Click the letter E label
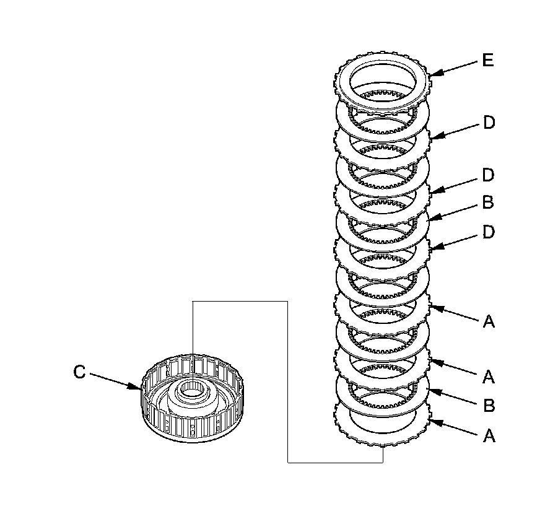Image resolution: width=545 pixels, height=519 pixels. [x=488, y=61]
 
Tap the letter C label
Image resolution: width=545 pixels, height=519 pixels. [x=79, y=372]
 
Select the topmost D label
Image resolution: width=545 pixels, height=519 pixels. [x=489, y=123]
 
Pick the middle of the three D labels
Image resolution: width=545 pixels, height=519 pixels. [x=489, y=175]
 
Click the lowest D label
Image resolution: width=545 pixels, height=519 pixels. [x=489, y=232]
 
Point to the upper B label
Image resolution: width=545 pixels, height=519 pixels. [x=489, y=203]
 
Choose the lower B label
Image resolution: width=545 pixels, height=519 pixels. [x=489, y=406]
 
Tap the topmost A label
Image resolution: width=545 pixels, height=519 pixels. [x=489, y=321]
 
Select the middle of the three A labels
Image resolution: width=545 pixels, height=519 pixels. [x=489, y=376]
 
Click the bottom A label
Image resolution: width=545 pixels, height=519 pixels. [x=489, y=436]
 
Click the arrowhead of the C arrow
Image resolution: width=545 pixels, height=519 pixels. [x=139, y=388]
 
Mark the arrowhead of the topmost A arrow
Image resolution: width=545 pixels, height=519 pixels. [x=429, y=306]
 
